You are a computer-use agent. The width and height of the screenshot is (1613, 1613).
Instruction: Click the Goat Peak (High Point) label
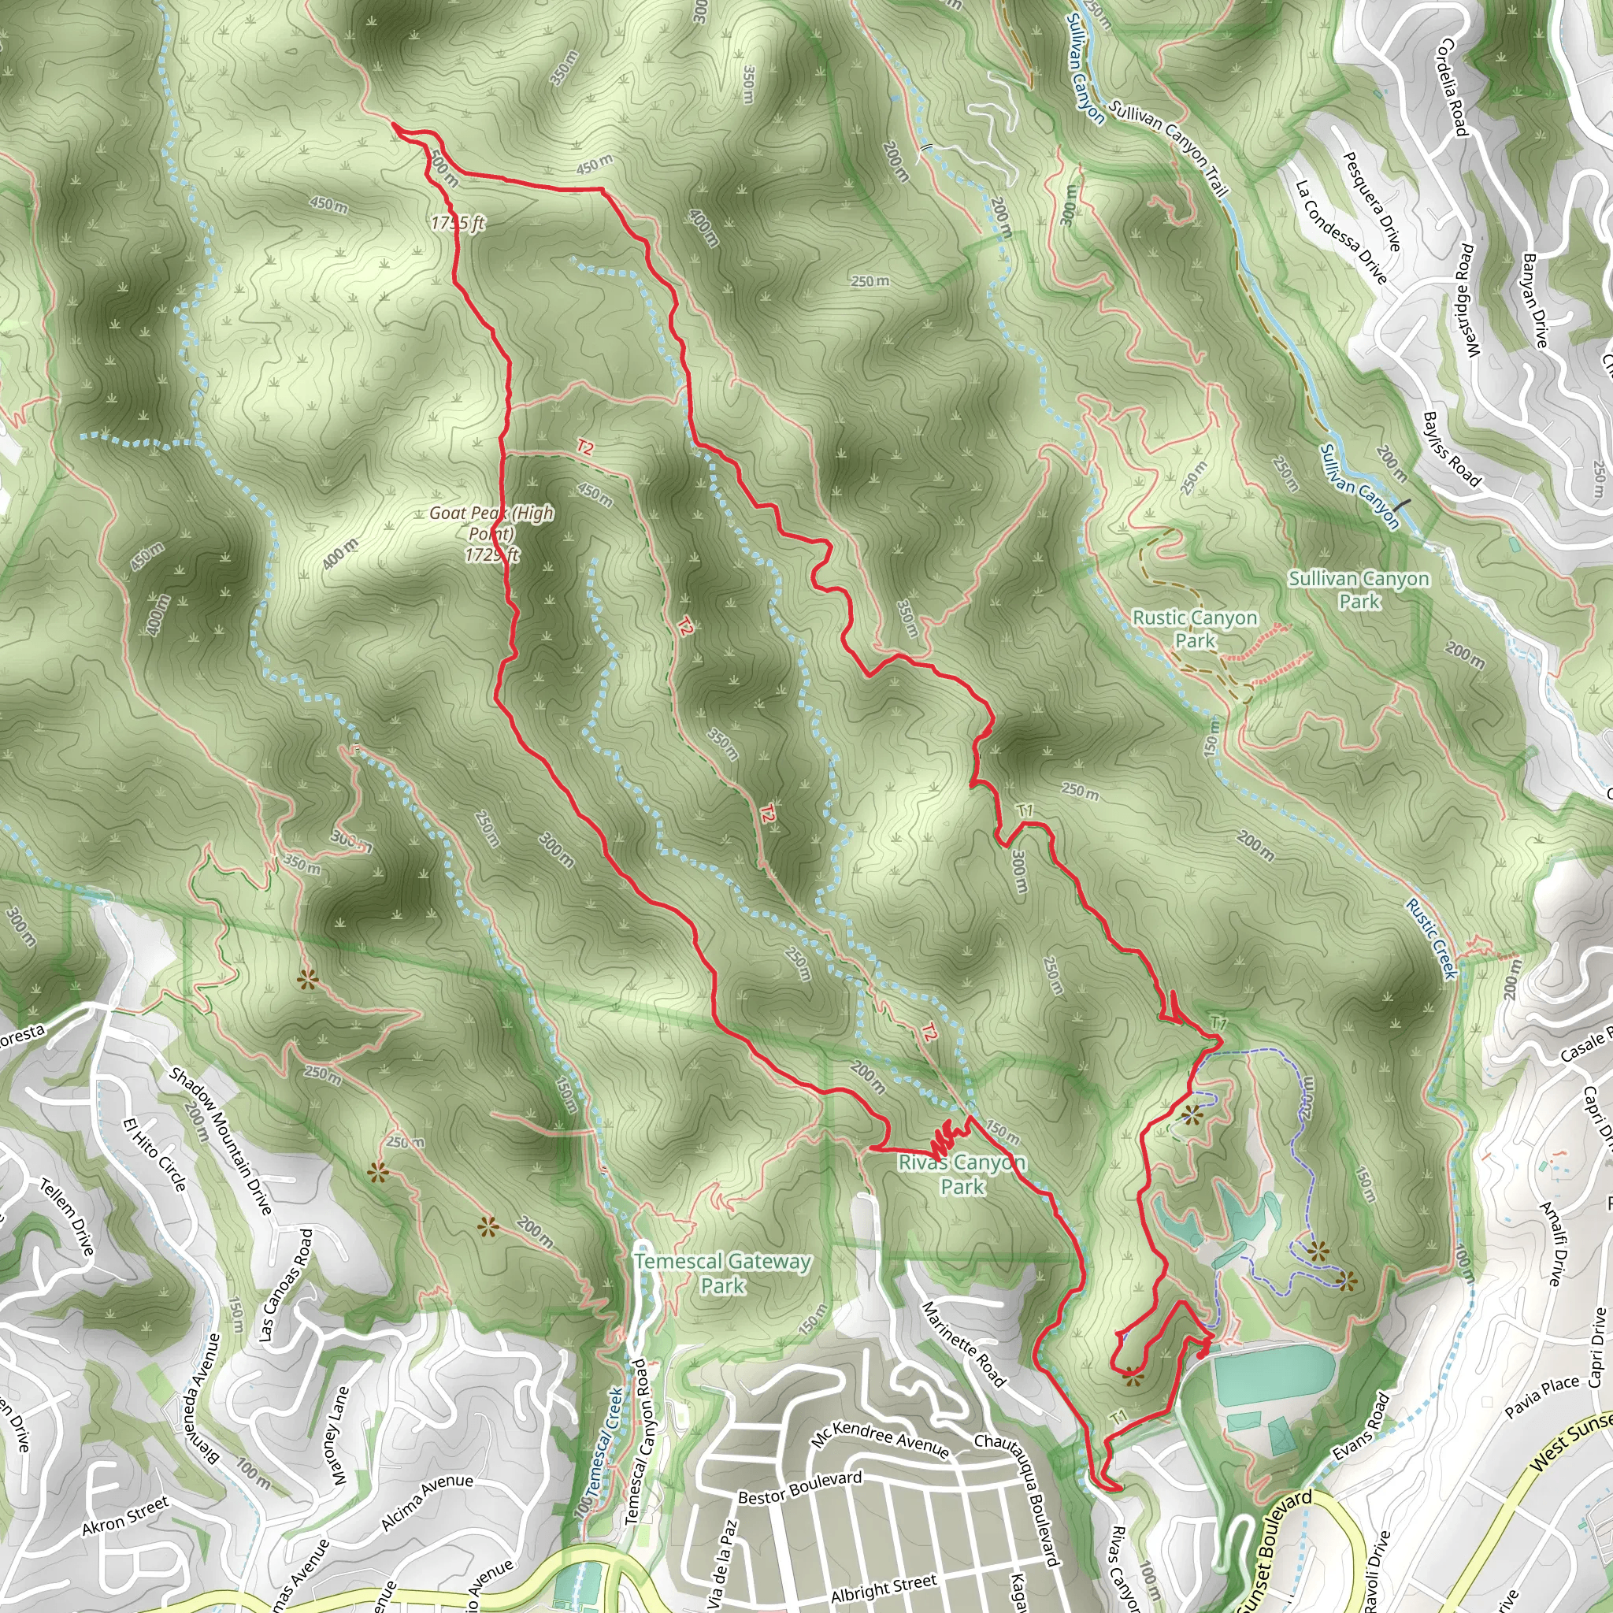491,532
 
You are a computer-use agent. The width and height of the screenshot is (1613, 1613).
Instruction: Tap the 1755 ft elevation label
458,223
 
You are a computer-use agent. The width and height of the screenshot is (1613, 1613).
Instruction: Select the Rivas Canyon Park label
962,1174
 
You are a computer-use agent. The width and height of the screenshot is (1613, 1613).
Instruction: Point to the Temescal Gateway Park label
722,1274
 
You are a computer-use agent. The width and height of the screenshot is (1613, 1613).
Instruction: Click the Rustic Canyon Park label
1194,629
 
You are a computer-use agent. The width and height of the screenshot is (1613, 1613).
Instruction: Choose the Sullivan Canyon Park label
1359,589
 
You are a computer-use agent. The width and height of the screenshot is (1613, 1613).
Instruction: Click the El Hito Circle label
154,1155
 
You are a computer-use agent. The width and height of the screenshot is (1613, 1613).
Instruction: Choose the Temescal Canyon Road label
640,1442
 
